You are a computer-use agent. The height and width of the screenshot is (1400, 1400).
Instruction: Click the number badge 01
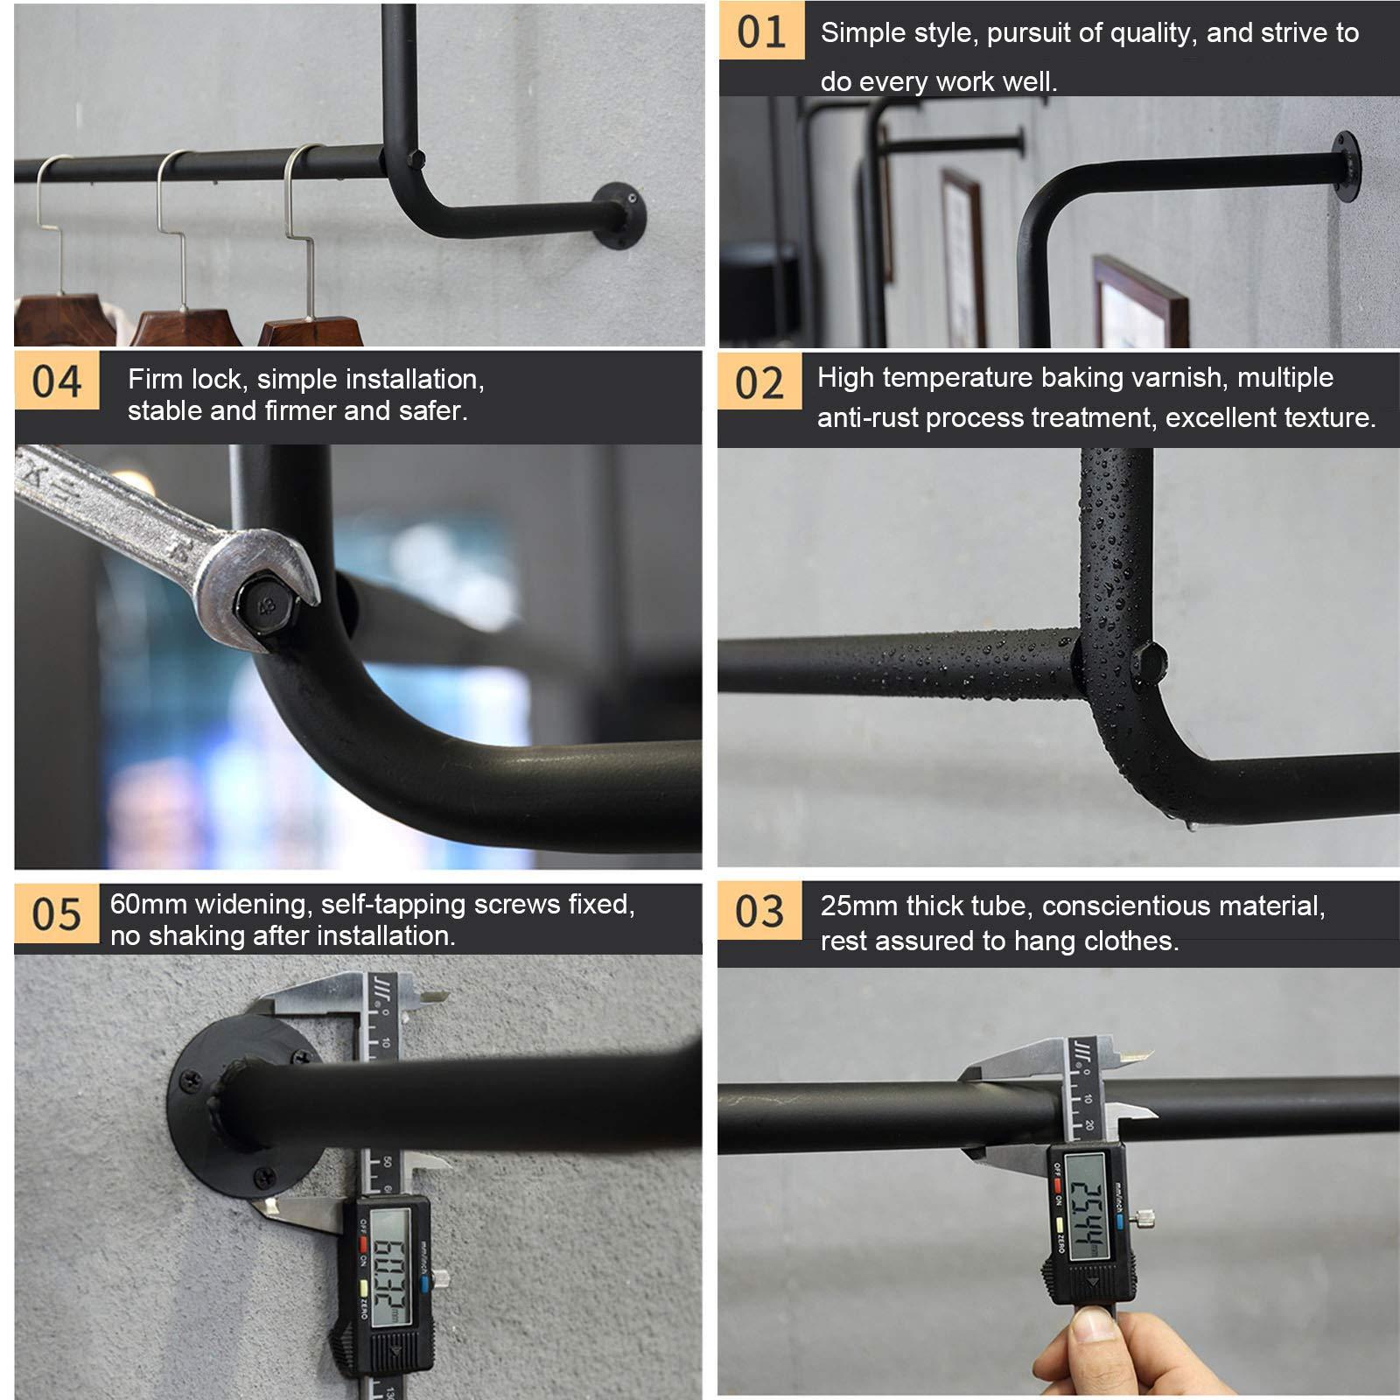pos(761,31)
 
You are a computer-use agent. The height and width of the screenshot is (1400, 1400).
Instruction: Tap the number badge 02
pos(759,383)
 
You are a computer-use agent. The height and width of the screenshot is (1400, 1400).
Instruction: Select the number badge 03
pos(759,911)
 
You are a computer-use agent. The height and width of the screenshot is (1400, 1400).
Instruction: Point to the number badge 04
pos(57,381)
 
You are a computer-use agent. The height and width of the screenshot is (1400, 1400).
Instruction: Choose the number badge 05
pos(57,914)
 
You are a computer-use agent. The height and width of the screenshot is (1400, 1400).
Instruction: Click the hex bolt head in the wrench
pos(265,605)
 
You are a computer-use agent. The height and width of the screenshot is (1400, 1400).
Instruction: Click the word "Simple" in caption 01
pos(863,33)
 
